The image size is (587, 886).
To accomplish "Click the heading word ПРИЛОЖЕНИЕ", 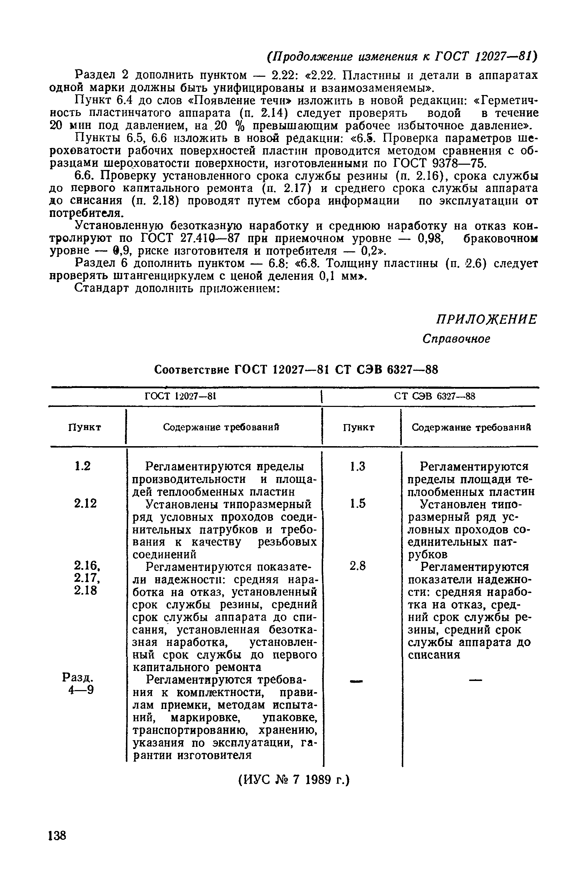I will point(486,320).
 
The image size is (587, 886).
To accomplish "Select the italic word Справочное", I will point(456,339).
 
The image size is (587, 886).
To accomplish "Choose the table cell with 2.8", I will point(357,566).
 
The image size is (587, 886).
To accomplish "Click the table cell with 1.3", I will point(357,466).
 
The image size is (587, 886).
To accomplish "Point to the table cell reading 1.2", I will point(83,466).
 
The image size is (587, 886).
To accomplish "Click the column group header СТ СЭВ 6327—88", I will point(435,396).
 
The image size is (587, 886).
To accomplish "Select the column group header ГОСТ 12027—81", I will point(181,396).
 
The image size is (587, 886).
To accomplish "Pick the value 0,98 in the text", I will point(431,238).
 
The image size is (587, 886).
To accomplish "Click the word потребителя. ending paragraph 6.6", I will point(86,214).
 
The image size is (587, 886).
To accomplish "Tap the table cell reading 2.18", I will point(85,591).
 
